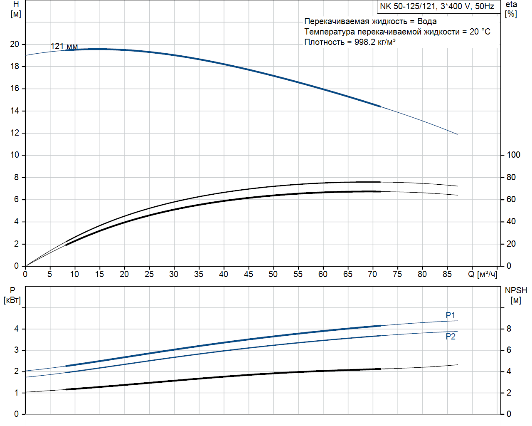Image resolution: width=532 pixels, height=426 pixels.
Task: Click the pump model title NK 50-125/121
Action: (437, 6)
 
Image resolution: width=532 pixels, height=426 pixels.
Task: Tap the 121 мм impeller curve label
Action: (64, 46)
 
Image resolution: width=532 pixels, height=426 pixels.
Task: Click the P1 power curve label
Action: (450, 315)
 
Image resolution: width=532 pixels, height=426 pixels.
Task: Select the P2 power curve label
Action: (450, 337)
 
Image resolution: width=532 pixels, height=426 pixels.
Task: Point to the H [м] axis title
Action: (16, 9)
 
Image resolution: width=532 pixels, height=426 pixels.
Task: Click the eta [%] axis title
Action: (511, 9)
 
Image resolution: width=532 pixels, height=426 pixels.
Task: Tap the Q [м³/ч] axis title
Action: (482, 274)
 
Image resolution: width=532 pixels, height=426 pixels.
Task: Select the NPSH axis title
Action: (516, 295)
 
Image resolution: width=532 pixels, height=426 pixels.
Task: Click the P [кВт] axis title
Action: (12, 295)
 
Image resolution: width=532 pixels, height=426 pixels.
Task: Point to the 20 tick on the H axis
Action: (15, 44)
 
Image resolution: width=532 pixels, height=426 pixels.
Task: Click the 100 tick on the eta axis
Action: (513, 155)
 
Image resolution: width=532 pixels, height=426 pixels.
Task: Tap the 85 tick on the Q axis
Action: (447, 274)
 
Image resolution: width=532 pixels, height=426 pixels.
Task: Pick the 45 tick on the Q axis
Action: (248, 274)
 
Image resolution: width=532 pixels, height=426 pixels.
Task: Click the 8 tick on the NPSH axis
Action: (509, 329)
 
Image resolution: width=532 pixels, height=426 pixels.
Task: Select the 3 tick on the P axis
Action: (17, 350)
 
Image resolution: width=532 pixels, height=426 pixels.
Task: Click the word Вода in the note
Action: (427, 21)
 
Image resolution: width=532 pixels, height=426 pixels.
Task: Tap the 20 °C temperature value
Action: (480, 32)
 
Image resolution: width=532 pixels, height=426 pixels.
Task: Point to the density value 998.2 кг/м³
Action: (374, 42)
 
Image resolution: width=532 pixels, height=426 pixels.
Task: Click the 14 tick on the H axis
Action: (15, 111)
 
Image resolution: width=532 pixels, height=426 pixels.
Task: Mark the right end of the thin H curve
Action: (457, 134)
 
